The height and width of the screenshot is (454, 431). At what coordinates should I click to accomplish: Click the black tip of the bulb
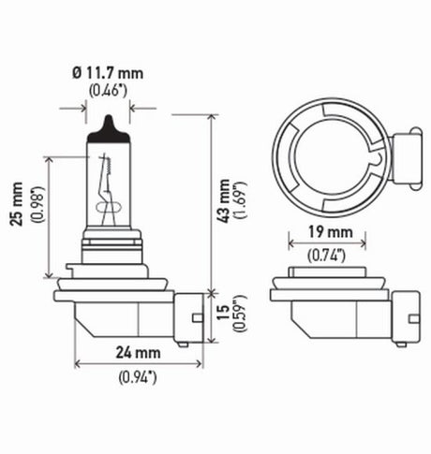pyautogui.click(x=108, y=124)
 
